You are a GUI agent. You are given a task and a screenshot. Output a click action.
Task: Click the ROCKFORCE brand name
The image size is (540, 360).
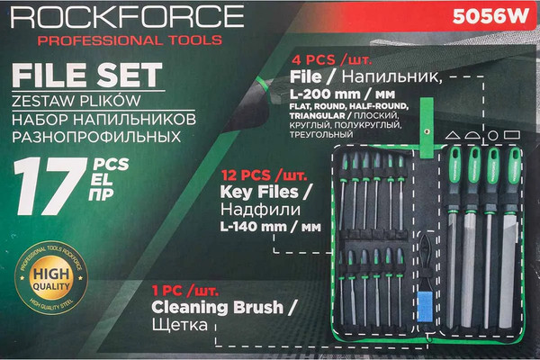(122, 17)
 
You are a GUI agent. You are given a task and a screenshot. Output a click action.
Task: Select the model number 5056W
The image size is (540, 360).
(490, 15)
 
